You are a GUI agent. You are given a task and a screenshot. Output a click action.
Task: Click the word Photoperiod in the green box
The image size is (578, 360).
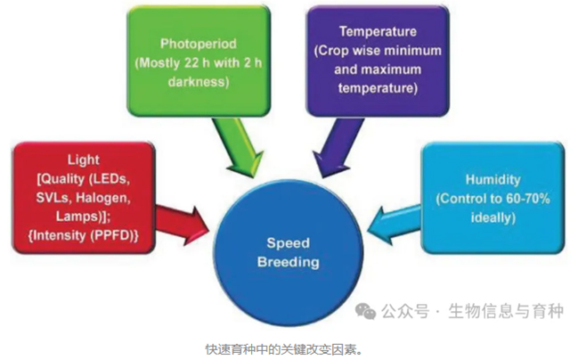click(x=199, y=44)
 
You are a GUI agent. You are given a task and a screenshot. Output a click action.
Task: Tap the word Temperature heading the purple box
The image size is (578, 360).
click(x=378, y=32)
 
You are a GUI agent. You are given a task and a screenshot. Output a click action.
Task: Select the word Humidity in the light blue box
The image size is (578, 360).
click(x=493, y=180)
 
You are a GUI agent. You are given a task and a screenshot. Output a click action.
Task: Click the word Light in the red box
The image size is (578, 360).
click(x=84, y=160)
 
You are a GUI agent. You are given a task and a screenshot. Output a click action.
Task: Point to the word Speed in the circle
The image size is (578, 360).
click(x=289, y=243)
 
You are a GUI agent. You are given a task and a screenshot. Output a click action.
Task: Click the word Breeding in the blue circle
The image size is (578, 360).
click(x=289, y=262)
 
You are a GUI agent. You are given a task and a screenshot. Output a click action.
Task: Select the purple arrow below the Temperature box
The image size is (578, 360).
click(x=338, y=148)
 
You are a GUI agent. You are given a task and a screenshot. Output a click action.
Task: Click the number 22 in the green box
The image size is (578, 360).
click(x=191, y=63)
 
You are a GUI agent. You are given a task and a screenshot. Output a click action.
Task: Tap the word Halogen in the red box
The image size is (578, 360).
click(x=103, y=198)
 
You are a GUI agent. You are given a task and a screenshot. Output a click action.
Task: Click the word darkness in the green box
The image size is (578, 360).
click(x=199, y=81)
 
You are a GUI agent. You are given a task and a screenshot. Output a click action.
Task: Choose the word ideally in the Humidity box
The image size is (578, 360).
click(x=493, y=217)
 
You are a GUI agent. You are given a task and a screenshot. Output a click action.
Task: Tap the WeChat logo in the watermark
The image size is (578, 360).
click(x=365, y=311)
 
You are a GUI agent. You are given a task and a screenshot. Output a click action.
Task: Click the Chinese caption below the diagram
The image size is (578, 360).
click(x=284, y=349)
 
